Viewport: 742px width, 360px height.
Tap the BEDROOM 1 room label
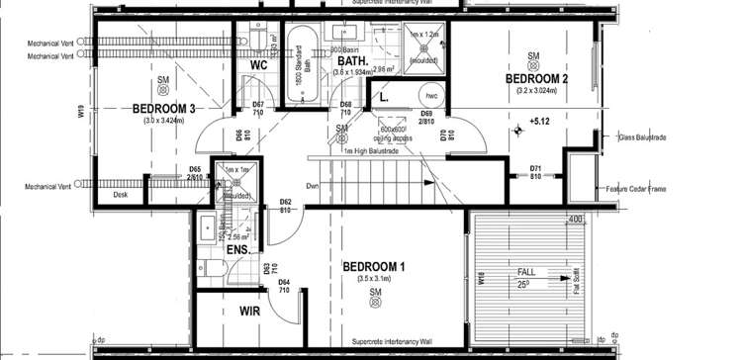[x=374, y=267]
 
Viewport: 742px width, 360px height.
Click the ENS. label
[x=237, y=251]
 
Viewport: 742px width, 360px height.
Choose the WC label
[x=259, y=65]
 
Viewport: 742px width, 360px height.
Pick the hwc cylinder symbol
[x=431, y=96]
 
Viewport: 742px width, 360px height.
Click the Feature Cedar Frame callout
[x=643, y=187]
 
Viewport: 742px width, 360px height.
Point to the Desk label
[x=121, y=194]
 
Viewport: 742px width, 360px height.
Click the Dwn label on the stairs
[x=312, y=185]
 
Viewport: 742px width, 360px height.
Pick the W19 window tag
[x=81, y=113]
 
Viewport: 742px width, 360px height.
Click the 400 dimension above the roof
[x=575, y=219]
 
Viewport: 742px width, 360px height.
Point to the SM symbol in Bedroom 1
[x=375, y=294]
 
